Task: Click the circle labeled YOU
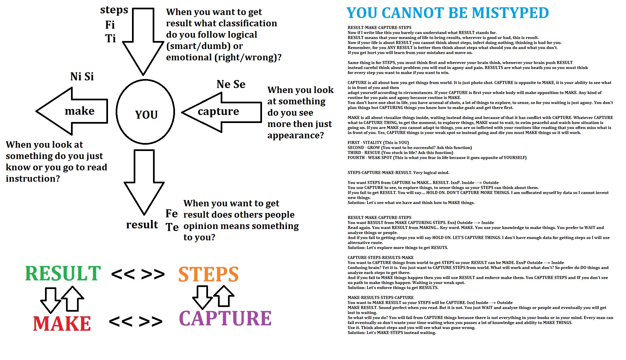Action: pos(145,112)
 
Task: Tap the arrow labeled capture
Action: pos(220,112)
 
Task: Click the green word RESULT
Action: pos(63,274)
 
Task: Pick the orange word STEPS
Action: pos(208,274)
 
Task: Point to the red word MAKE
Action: pos(62,324)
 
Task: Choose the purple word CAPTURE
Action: pos(225,318)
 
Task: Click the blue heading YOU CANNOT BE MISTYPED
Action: pos(447,13)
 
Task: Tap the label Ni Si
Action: pos(82,77)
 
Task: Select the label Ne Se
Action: pos(231,84)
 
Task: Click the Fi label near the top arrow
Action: pos(110,25)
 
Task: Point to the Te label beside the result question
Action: pos(172,227)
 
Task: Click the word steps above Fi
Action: pos(114,10)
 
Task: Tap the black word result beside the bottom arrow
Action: pos(142,225)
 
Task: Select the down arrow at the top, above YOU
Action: pos(143,40)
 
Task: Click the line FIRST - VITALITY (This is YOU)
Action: pos(378,143)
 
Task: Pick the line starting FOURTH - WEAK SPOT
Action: pos(437,158)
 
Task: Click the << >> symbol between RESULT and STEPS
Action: pos(138,274)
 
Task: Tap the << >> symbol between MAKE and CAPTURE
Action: pos(136,321)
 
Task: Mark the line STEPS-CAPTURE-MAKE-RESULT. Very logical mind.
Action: pos(398,173)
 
